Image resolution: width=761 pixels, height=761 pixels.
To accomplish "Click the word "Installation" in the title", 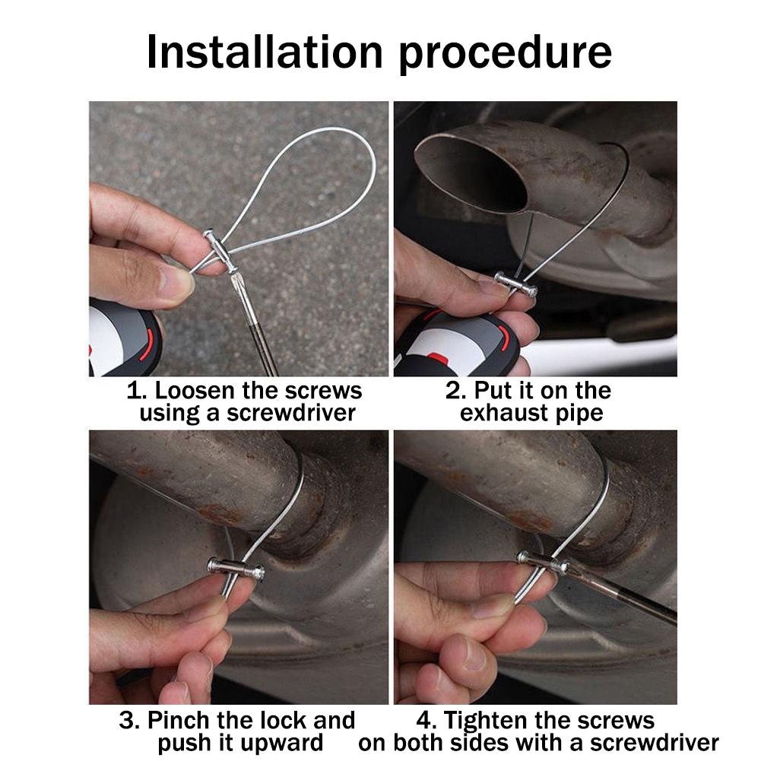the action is coord(265,52).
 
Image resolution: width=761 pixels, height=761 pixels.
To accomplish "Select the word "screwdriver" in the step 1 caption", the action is coord(291,413).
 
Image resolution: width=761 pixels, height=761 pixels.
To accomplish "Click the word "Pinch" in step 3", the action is coord(179,720).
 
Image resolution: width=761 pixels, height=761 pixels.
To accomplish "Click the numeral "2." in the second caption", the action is coord(455,391).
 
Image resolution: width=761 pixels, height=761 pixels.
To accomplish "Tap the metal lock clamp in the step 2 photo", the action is coord(516,285).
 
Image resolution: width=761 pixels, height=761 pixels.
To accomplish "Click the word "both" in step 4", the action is coord(419,743).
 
